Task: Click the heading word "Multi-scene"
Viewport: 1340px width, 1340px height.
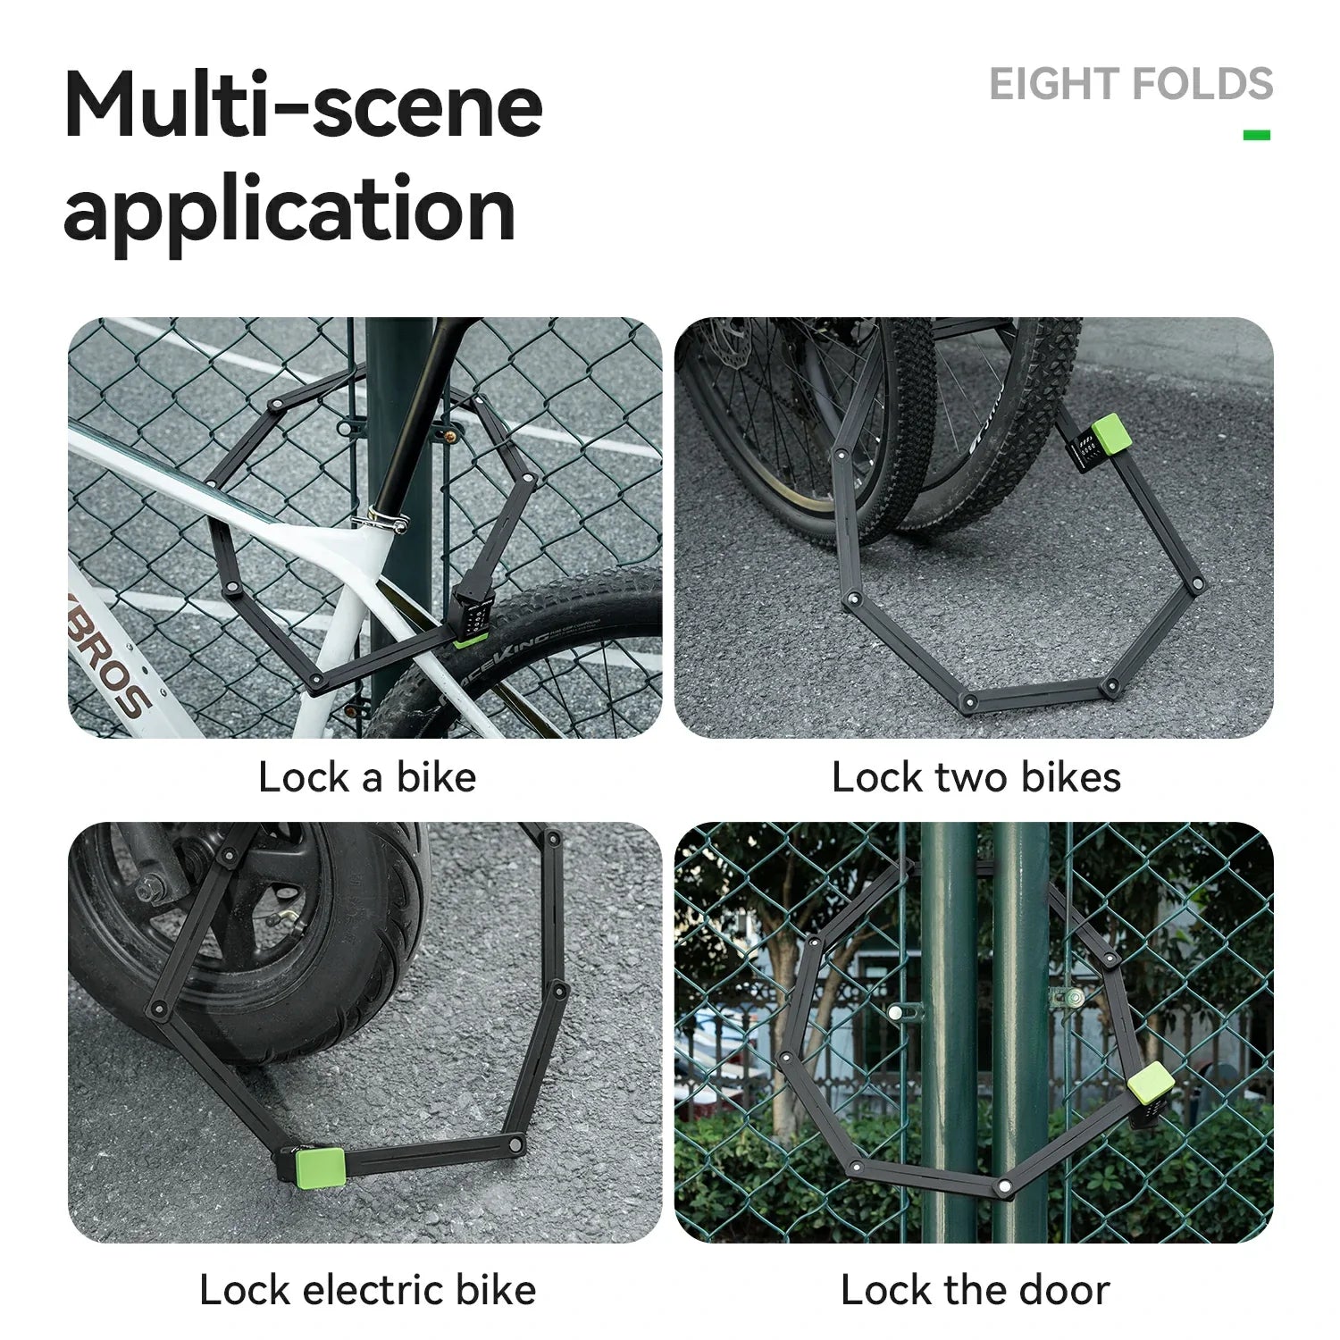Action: click(304, 105)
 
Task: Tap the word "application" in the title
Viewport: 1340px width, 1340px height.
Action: click(289, 211)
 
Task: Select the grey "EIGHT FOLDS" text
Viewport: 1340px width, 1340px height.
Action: click(1130, 84)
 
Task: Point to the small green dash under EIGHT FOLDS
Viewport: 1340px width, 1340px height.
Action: click(1256, 135)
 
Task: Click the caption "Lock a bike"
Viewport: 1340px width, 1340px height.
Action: click(367, 776)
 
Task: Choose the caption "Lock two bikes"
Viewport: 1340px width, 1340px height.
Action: click(976, 776)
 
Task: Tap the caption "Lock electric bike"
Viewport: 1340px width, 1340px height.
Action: click(367, 1290)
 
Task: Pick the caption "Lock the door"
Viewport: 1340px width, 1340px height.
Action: click(975, 1290)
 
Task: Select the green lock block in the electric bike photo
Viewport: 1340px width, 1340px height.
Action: click(321, 1168)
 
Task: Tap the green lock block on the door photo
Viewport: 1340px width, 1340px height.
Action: click(1151, 1084)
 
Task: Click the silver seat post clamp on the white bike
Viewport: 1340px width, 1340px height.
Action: click(381, 518)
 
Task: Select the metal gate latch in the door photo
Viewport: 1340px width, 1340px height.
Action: click(1070, 998)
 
